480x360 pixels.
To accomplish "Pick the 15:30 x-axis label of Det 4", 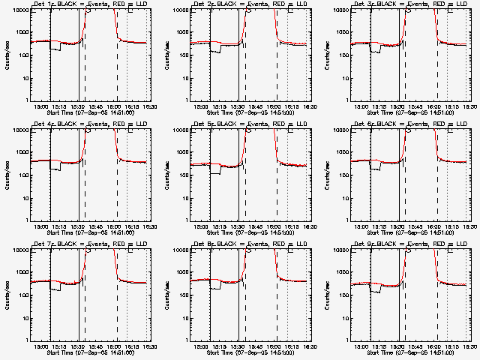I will [79, 226].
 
